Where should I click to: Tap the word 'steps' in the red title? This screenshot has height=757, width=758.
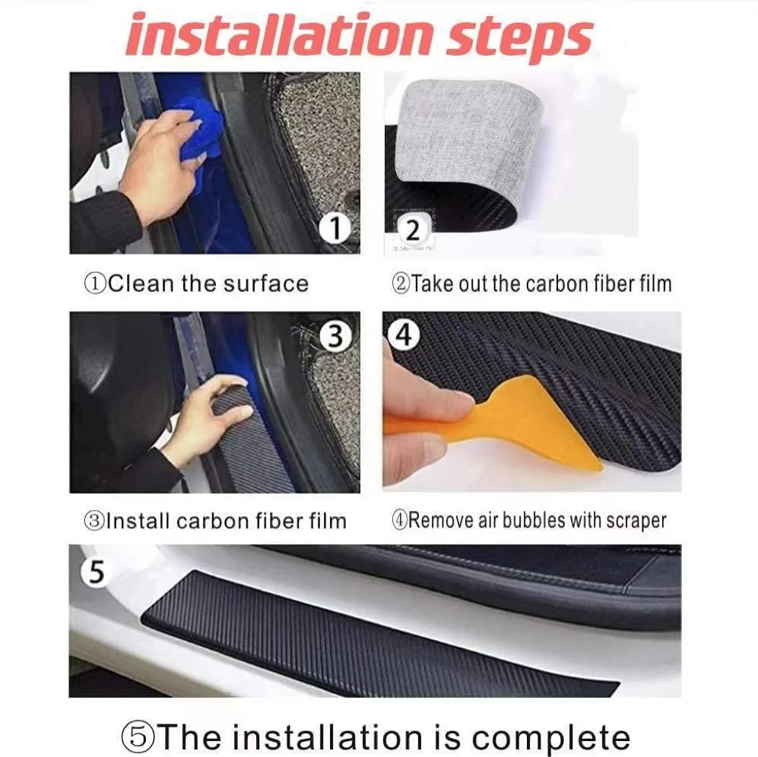518,36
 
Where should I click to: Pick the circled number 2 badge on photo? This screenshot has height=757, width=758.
413,228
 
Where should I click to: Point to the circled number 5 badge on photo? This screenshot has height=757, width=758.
96,572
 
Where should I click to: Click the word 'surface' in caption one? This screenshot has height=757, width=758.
266,284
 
